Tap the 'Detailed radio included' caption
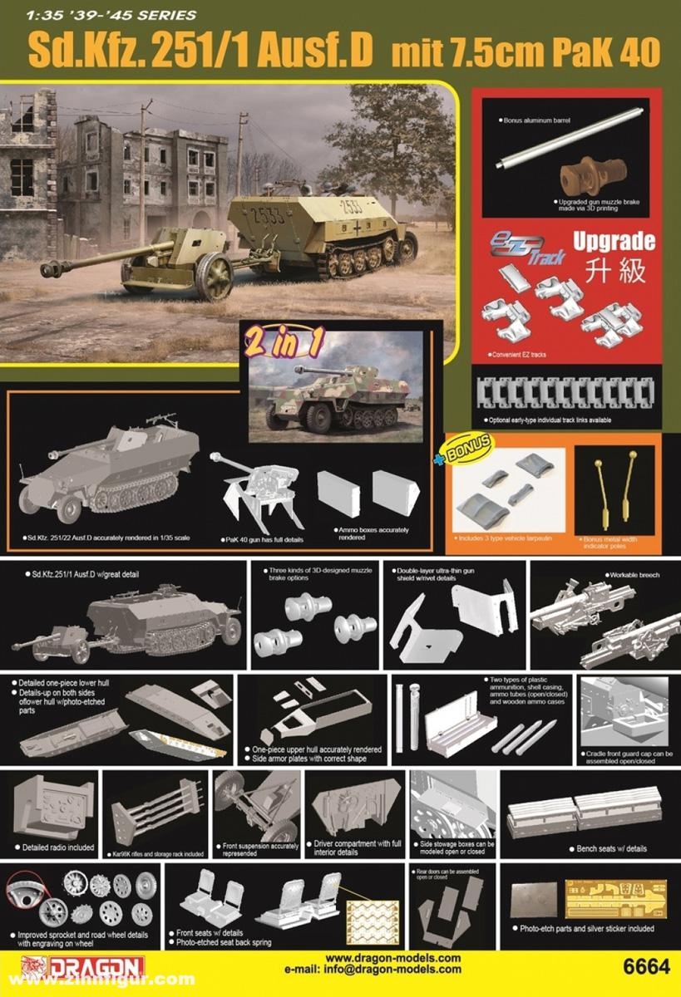click(x=54, y=847)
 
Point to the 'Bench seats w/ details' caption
click(x=611, y=848)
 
